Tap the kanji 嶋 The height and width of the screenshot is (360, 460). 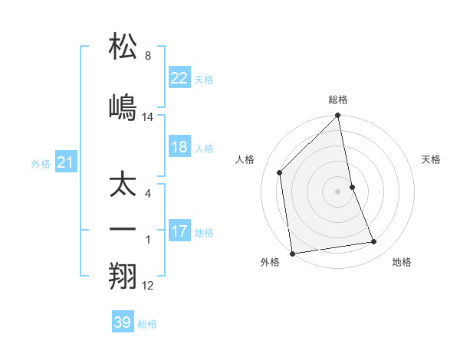tap(124, 106)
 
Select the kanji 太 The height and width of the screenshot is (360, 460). tap(124, 186)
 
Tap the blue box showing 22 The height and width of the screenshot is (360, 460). tap(179, 78)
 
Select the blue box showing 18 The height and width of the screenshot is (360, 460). tap(179, 147)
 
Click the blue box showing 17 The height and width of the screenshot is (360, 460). tap(179, 231)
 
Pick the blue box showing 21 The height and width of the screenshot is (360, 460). tap(65, 162)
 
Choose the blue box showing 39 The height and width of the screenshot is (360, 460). tap(123, 322)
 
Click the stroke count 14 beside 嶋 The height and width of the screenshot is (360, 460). tap(148, 117)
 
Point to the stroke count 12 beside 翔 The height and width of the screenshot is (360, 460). tap(148, 286)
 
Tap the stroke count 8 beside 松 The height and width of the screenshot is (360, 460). tap(148, 56)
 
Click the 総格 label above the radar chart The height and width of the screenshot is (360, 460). tap(338, 100)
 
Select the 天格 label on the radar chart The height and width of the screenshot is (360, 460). tap(431, 159)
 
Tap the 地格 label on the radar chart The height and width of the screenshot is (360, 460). tap(402, 262)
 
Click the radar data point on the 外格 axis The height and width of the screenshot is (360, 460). tap(292, 253)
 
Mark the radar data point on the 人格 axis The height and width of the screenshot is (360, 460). tap(280, 172)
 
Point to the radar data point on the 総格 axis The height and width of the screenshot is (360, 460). tap(338, 116)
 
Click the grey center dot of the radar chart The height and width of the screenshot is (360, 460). tap(338, 191)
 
